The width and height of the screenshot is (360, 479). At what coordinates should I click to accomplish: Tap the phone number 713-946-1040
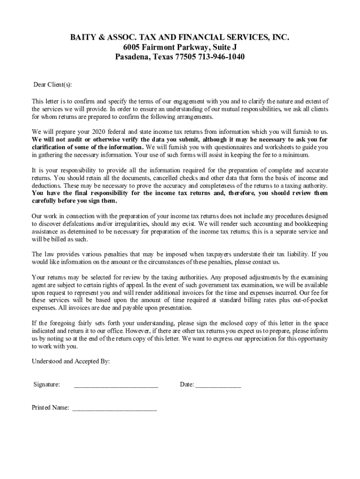tap(219, 57)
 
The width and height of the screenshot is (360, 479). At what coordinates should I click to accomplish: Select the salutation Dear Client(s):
tap(52, 85)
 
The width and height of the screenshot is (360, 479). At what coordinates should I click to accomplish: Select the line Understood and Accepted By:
tap(71, 362)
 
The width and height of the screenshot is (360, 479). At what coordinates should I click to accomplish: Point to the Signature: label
tap(47, 385)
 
